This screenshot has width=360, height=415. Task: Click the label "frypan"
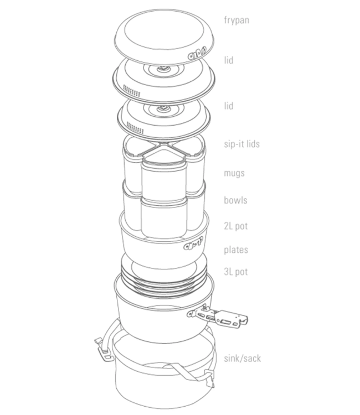(x=236, y=20)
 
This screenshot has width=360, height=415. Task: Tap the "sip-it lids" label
(x=241, y=144)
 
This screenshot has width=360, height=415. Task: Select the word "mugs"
(x=234, y=174)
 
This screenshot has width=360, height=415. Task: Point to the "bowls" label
(x=235, y=200)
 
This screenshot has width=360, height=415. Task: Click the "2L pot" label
(x=236, y=226)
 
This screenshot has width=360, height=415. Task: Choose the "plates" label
(x=236, y=250)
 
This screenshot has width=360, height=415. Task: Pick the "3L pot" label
(x=236, y=272)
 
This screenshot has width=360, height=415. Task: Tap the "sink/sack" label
(x=243, y=359)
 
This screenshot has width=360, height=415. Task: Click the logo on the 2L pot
(x=193, y=244)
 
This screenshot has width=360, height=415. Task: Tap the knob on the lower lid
(x=163, y=108)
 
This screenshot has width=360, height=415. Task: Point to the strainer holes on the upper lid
(x=132, y=91)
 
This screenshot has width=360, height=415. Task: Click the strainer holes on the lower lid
(x=135, y=128)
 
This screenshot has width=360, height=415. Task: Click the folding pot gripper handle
(x=218, y=316)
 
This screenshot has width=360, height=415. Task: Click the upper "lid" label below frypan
(x=229, y=61)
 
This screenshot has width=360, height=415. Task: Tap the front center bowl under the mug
(x=164, y=217)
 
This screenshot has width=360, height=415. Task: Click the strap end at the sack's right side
(x=210, y=380)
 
